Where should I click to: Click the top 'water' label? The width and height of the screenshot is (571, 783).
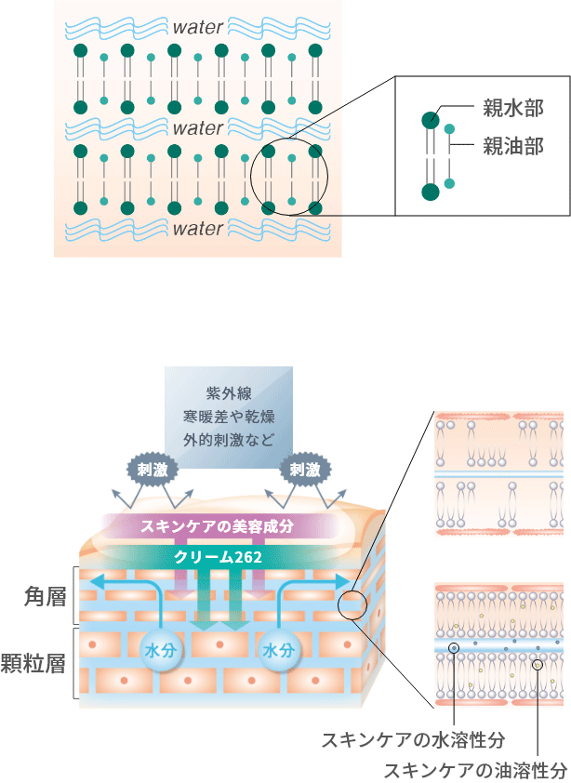pyautogui.click(x=198, y=27)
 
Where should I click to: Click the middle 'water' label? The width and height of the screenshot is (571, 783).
pyautogui.click(x=198, y=127)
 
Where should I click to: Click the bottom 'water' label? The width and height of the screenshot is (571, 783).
pyautogui.click(x=198, y=228)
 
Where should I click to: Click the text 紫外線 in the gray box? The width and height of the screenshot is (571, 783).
pyautogui.click(x=228, y=393)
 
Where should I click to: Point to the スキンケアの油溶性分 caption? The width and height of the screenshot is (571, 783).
pyautogui.click(x=475, y=770)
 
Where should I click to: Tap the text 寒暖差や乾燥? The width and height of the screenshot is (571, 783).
pyautogui.click(x=228, y=415)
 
